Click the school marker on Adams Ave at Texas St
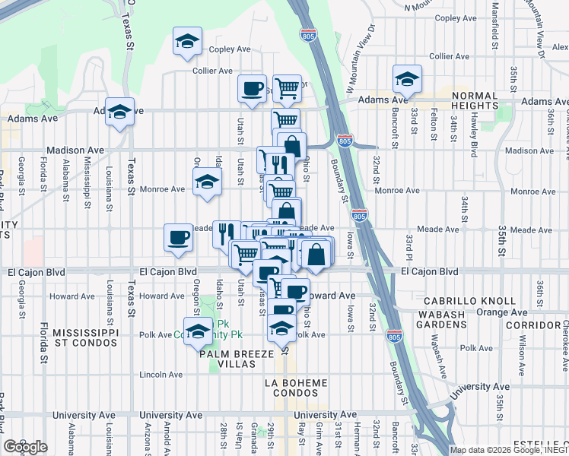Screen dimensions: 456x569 (119, 112)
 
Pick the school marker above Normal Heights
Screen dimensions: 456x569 (407, 79)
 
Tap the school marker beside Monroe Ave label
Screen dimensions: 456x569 (206, 182)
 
